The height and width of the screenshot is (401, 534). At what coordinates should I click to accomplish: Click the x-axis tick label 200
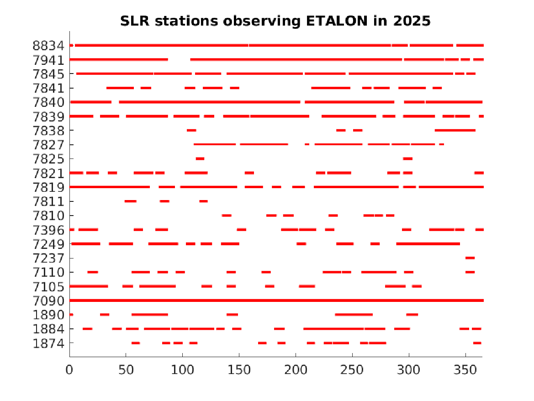tap(296, 368)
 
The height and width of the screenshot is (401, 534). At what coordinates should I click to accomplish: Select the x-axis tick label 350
tap(465, 368)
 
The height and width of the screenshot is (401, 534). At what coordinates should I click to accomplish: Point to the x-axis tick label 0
tap(69, 368)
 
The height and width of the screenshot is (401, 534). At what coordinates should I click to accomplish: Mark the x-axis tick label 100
tap(182, 368)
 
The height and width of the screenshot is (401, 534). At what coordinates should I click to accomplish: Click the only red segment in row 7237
tap(470, 258)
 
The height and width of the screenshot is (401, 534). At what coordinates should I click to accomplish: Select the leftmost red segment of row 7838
tap(191, 131)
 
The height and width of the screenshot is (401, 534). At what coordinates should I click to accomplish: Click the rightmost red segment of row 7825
tap(408, 159)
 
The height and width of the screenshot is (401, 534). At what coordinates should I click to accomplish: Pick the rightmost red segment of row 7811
tap(204, 201)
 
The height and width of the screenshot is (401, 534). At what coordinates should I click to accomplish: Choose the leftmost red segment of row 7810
tap(227, 216)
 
